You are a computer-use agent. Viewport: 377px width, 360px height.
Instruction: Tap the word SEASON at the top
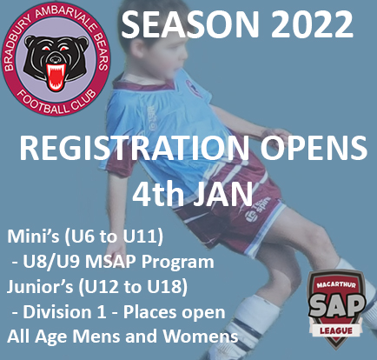click(189, 24)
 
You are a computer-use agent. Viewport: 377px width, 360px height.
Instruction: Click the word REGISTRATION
click(135, 148)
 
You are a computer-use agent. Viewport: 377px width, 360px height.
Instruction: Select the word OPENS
click(314, 148)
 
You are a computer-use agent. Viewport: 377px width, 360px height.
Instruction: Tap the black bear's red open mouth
click(56, 76)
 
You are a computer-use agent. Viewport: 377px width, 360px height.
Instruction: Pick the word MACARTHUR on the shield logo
click(336, 284)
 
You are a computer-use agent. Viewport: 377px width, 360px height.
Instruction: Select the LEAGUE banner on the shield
click(336, 330)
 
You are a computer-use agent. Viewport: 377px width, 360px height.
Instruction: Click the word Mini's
click(34, 237)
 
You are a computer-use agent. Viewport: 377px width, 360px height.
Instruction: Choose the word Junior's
click(40, 287)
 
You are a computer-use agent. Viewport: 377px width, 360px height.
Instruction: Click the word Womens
click(201, 337)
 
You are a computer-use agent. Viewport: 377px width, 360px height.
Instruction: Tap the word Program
click(178, 263)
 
